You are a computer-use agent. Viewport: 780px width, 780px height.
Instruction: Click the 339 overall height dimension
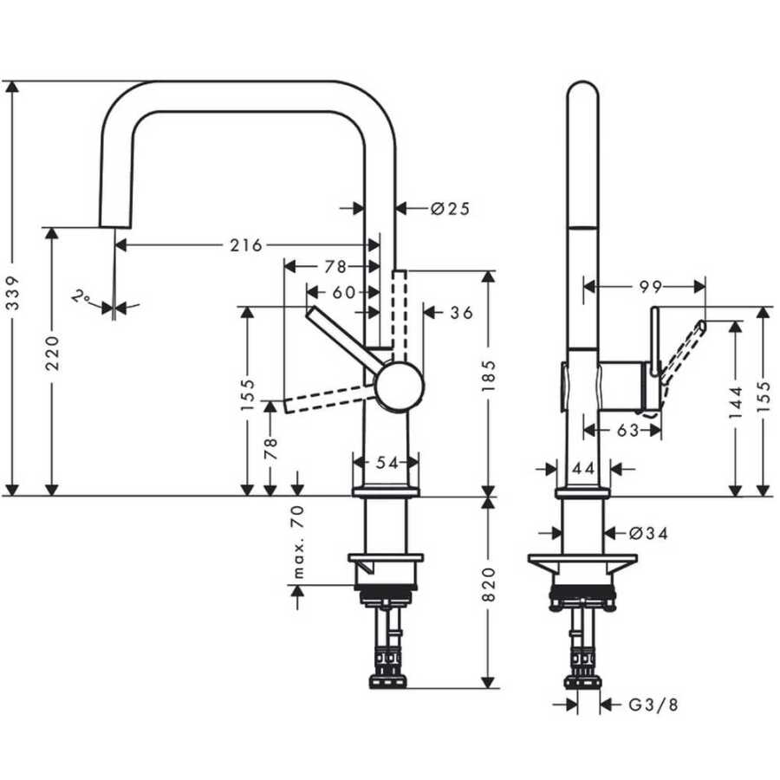click(13, 293)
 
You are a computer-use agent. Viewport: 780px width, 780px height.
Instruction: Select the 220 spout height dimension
click(52, 353)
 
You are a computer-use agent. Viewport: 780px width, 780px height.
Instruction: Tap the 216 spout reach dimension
click(246, 245)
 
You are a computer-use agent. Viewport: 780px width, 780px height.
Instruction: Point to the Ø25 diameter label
click(450, 208)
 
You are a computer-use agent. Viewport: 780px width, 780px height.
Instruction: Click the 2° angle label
click(80, 296)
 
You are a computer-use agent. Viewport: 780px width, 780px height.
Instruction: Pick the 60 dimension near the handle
click(344, 293)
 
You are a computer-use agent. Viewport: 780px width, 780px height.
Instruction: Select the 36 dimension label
click(462, 313)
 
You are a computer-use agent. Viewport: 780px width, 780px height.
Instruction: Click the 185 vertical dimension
click(489, 375)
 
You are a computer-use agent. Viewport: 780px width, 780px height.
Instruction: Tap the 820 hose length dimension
click(489, 584)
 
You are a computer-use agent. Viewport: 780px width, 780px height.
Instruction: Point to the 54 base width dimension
click(387, 463)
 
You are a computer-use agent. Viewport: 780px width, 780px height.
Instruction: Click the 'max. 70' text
click(297, 542)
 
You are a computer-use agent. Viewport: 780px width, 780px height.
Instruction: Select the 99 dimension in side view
click(651, 287)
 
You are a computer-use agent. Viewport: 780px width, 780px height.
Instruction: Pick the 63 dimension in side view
click(627, 430)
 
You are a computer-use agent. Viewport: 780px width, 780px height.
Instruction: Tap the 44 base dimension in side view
click(583, 468)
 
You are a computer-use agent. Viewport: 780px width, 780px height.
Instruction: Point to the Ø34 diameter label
click(648, 533)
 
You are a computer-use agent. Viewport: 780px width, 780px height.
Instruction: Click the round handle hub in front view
click(400, 386)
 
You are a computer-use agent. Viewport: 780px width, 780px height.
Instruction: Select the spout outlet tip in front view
click(115, 227)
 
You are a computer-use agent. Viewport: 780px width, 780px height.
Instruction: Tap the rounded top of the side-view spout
click(583, 82)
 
